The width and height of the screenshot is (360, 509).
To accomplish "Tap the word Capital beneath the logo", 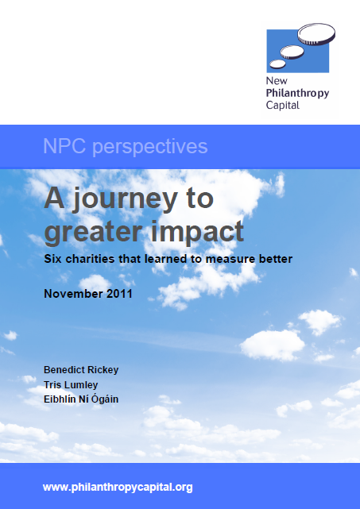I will point(284,105).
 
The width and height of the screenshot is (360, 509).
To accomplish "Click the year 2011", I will point(122,293).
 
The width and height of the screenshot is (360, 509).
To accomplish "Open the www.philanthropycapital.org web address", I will point(117,487).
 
